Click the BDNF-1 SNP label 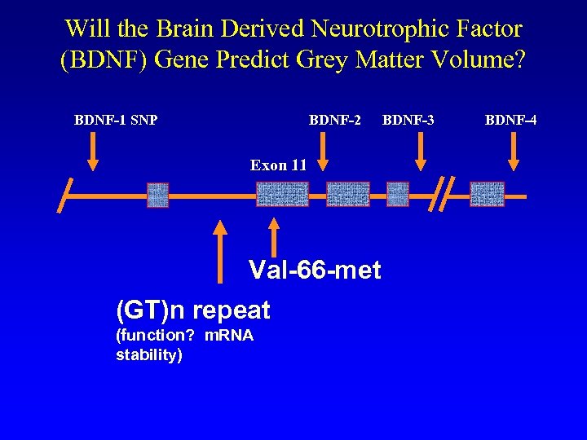116,121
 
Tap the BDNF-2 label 334,121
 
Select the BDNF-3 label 408,121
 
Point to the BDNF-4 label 510,121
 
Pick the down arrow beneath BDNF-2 324,152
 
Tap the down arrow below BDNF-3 421,152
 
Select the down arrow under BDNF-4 514,152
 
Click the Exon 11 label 278,165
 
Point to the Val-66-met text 314,270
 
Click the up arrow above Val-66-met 274,236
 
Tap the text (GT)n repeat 192,310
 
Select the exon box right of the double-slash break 487,195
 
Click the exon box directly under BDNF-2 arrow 348,195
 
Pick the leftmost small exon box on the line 157,195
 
